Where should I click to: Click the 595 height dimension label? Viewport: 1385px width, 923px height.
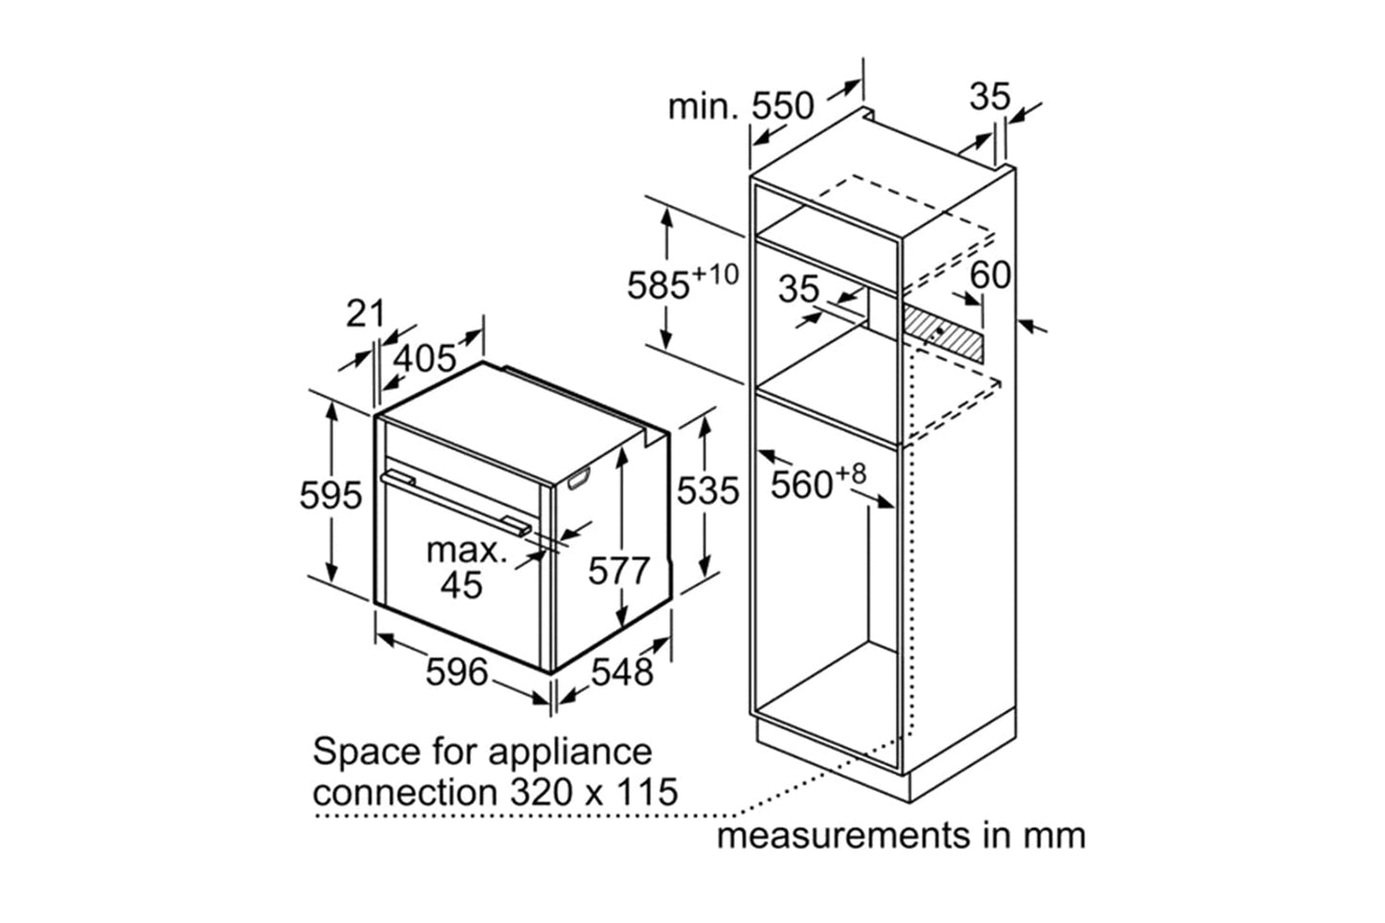[x=331, y=495]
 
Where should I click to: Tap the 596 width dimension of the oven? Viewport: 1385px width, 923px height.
[x=456, y=672]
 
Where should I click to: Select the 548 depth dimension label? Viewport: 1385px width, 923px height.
[x=621, y=672]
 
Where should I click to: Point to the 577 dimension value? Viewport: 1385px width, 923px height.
[x=618, y=571]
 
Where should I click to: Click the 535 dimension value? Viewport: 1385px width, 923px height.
[x=708, y=491]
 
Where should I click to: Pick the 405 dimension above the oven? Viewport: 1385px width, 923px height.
[x=426, y=358]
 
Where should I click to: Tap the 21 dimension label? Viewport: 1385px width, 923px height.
[x=365, y=312]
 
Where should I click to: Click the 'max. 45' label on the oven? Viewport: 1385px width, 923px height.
[x=464, y=567]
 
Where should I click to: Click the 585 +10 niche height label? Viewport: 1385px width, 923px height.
[x=681, y=284]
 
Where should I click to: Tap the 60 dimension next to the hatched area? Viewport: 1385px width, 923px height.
[x=990, y=275]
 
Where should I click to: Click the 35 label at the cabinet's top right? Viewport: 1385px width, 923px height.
[x=989, y=96]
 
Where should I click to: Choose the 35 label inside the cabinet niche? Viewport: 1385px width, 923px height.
[x=797, y=288]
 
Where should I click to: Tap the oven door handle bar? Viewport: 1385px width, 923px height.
[x=455, y=500]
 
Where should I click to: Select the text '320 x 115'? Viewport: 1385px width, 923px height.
[x=588, y=793]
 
